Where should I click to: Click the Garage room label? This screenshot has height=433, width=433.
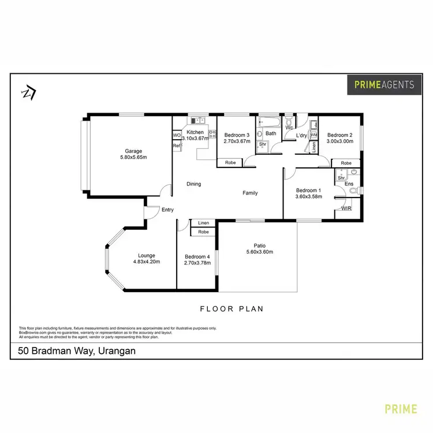130,151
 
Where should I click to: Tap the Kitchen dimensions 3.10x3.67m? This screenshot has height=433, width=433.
195,139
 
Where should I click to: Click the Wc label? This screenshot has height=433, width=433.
289,128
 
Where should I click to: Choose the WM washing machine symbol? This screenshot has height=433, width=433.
314,135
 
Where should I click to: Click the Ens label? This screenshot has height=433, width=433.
349,184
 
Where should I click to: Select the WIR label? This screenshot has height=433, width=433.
347,208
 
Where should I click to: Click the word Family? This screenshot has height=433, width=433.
249,193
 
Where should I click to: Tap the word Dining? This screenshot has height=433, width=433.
194,184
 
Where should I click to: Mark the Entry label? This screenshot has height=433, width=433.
167,210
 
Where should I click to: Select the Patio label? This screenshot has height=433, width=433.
259,245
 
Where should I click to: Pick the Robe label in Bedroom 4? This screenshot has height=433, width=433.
203,232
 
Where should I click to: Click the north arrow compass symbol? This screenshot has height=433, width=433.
28,92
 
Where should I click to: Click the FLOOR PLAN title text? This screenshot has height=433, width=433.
232,309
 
